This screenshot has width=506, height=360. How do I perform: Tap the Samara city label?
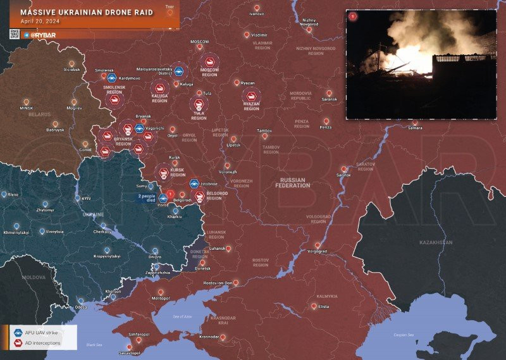coord(415,128)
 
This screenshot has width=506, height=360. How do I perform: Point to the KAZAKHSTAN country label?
coord(436,242)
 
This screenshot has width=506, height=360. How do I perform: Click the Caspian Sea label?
coord(402,335)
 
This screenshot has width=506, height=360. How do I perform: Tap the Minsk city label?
coord(26,108)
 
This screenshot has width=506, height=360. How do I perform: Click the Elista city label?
coord(324,307)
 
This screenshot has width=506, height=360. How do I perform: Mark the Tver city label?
coord(169,6)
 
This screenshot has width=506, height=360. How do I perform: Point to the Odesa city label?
coord(80,306)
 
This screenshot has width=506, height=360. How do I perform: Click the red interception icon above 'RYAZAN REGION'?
coord(251,96)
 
